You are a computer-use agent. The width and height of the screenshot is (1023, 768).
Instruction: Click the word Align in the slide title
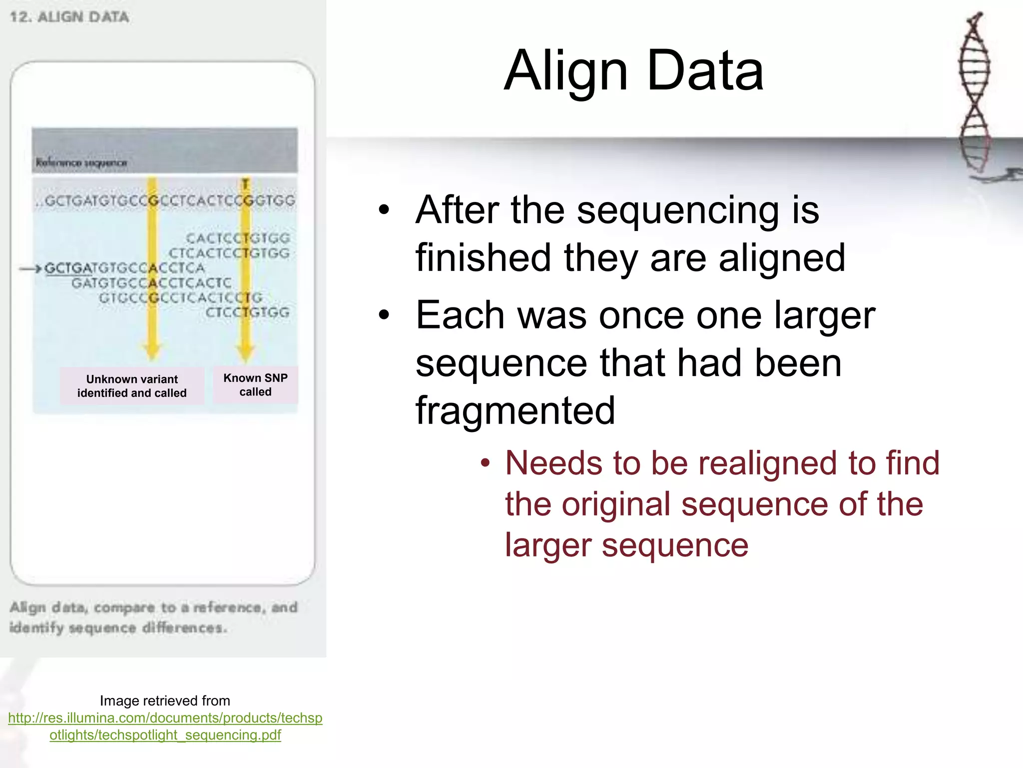click(x=565, y=71)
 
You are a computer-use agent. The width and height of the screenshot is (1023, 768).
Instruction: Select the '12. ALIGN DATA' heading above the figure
click(x=69, y=17)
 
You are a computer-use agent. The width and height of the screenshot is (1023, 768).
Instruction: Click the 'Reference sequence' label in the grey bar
click(x=81, y=162)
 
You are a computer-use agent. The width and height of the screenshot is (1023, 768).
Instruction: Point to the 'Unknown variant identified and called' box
click(x=132, y=386)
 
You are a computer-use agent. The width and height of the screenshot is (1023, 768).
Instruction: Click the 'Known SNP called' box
click(x=255, y=384)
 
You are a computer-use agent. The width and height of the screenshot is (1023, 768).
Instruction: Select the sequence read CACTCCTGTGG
click(x=238, y=238)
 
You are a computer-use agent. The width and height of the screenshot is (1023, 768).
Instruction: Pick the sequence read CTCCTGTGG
click(x=247, y=312)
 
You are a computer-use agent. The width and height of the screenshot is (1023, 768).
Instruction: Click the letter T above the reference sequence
click(x=245, y=184)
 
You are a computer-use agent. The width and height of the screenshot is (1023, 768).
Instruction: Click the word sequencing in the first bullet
click(x=678, y=210)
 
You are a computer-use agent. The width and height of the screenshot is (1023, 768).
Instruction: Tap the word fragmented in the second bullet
click(x=515, y=410)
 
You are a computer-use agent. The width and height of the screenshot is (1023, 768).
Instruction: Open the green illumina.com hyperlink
click(x=165, y=726)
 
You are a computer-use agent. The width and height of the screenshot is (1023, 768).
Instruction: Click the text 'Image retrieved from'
click(x=165, y=700)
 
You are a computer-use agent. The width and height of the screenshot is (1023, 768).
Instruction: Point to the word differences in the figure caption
click(x=184, y=628)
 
